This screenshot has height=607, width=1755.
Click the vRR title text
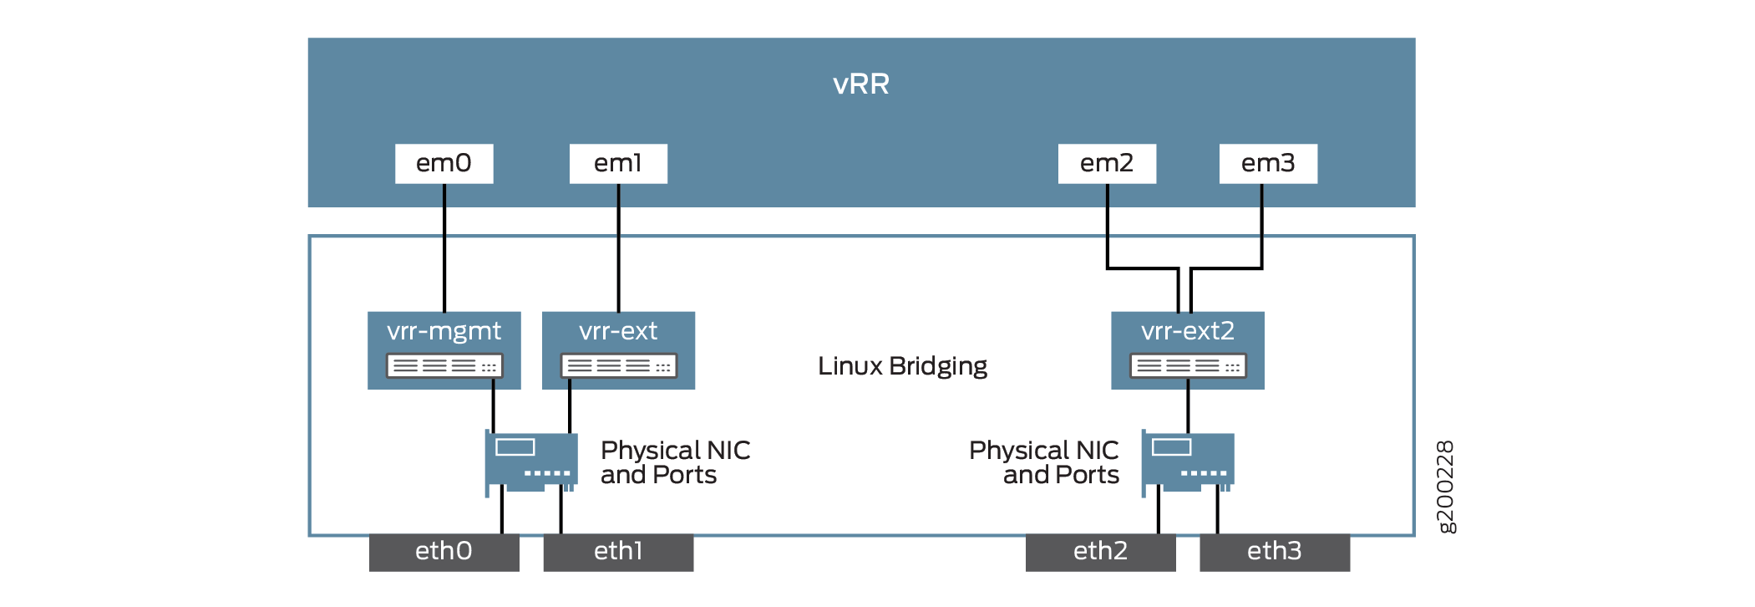click(861, 84)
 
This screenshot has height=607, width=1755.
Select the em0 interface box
click(444, 163)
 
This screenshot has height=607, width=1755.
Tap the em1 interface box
click(618, 163)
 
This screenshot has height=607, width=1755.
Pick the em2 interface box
click(1107, 163)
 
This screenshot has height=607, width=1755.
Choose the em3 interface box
click(1268, 163)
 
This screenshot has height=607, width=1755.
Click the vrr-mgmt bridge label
click(444, 332)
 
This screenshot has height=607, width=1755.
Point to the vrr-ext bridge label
click(618, 332)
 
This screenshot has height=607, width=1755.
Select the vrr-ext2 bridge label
click(1187, 332)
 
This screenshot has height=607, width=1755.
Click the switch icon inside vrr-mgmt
click(444, 365)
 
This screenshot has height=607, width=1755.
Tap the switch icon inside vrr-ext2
click(1187, 365)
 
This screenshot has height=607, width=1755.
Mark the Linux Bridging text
click(902, 366)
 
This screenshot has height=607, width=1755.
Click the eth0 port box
click(444, 552)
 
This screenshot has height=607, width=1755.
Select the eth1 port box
click(618, 552)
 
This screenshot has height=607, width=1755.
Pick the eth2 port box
click(1100, 552)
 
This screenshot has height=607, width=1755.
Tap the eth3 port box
click(1274, 552)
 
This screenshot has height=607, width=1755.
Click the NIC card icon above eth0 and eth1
click(531, 461)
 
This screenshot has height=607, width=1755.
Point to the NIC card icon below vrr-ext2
click(1188, 461)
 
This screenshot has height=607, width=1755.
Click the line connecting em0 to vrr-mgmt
click(444, 251)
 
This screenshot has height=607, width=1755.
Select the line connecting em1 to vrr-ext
click(619, 251)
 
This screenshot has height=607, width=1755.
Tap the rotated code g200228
click(1446, 486)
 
